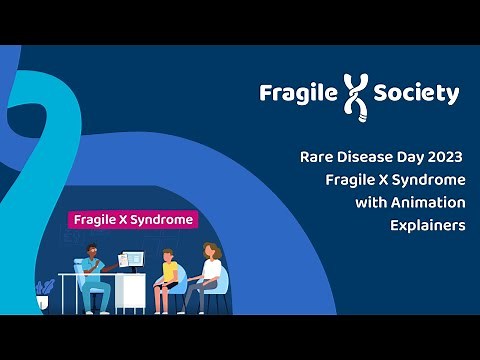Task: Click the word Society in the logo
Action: [416, 94]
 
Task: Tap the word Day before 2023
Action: [404, 157]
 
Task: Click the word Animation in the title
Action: [427, 202]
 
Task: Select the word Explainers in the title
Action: [428, 225]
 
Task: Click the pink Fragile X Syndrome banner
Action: [132, 219]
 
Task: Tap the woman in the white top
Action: [210, 277]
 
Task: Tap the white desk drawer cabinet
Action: [130, 293]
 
